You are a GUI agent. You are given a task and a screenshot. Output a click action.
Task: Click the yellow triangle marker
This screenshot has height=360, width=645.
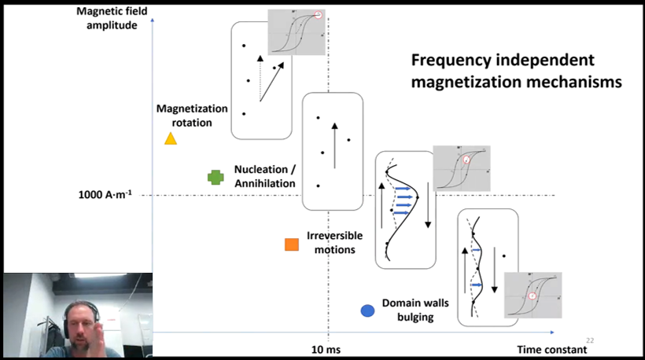169,138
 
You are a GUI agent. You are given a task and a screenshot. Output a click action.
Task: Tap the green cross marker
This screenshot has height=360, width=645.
215,178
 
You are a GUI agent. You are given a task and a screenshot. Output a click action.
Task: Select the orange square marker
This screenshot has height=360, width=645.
292,244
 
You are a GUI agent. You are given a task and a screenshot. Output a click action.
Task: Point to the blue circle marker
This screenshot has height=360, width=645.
367,311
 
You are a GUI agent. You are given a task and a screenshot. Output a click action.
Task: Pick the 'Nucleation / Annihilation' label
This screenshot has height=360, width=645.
264,176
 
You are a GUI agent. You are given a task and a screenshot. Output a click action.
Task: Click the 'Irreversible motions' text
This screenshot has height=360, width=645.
331,242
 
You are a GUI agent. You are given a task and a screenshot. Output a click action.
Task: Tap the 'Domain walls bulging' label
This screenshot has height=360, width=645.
408,310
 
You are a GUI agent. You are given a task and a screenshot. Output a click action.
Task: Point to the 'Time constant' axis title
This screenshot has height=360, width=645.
551,349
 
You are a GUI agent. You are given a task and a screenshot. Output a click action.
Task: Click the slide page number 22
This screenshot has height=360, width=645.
590,340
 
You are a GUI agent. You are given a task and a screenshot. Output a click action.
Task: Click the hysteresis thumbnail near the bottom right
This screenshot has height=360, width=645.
533,296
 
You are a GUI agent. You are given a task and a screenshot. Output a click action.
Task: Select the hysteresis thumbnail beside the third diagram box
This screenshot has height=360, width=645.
462,167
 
